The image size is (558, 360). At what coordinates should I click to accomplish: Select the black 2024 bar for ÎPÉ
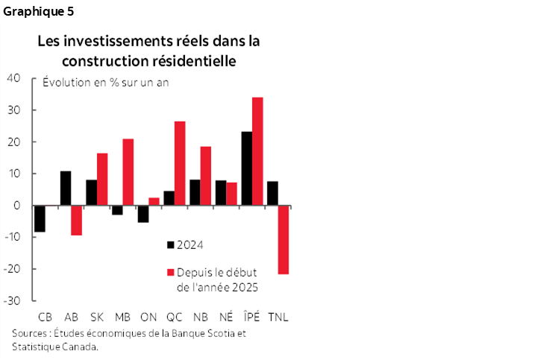coord(246,168)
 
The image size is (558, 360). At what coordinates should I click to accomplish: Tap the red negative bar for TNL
coord(283,240)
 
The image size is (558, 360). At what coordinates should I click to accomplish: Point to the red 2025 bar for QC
coord(180,163)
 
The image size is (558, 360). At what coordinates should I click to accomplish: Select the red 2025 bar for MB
coord(128,172)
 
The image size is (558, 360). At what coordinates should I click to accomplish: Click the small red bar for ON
coord(154,201)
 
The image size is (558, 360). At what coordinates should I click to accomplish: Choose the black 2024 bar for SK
coord(91,192)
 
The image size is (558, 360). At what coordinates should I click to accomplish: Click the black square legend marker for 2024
coord(171,244)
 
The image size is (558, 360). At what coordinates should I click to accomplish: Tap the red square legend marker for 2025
coord(171,272)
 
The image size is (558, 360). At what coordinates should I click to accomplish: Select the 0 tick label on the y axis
coord(16,205)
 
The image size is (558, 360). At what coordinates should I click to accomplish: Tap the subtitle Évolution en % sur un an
coord(106,82)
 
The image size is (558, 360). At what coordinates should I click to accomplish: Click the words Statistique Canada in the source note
coord(55,346)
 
